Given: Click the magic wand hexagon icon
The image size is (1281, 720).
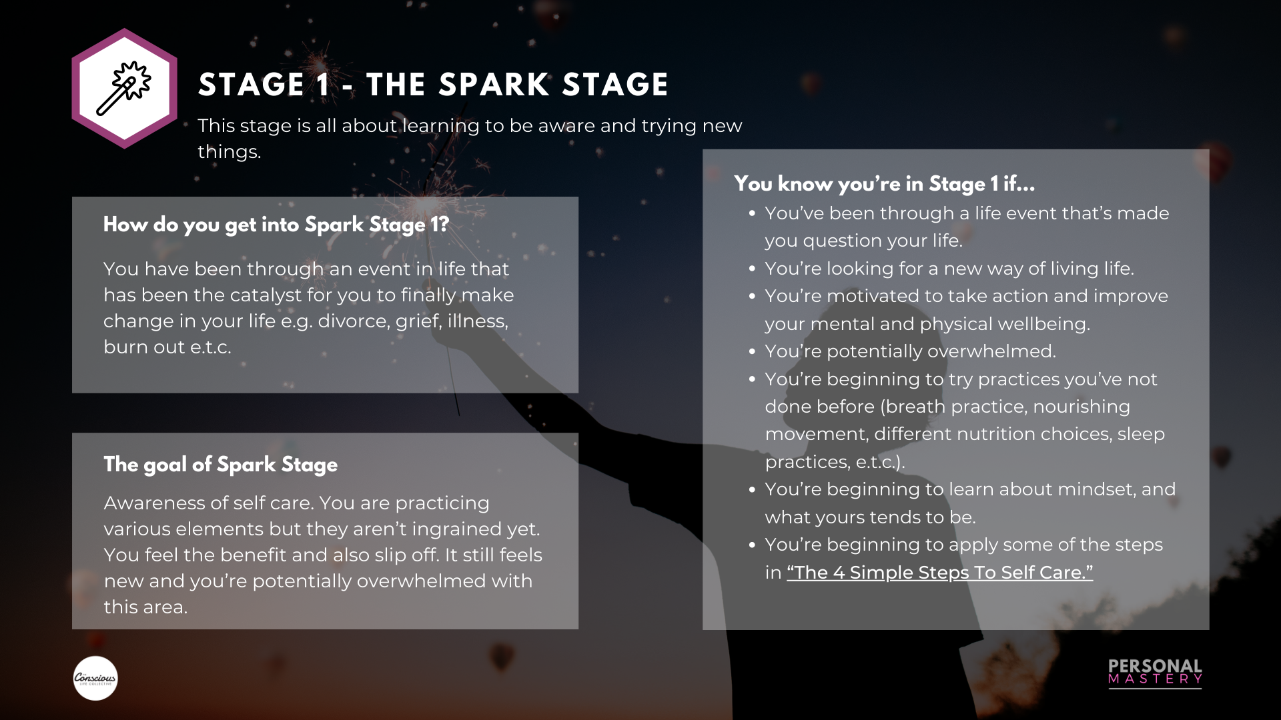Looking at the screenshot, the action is coord(125,88).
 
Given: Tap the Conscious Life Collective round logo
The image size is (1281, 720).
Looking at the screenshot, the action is coord(95,678).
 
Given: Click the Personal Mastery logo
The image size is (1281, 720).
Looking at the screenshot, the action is coord(1155,673).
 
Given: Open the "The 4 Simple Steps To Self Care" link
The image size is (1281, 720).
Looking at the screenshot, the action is coord(939,572).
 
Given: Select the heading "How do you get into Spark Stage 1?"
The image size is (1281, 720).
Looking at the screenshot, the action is coord(276,225).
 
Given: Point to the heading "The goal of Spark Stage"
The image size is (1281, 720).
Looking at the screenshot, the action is coord(220,465).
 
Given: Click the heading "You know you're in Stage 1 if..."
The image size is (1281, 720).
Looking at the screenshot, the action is coord(884,183).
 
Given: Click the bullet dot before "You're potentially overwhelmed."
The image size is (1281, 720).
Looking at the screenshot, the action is coord(752,351).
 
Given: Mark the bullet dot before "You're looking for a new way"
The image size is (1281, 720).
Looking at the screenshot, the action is coord(752,269).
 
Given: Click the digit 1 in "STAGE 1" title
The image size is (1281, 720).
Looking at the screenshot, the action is coord(323,85).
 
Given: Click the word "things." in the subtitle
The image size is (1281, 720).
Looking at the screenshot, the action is coord(229,152).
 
